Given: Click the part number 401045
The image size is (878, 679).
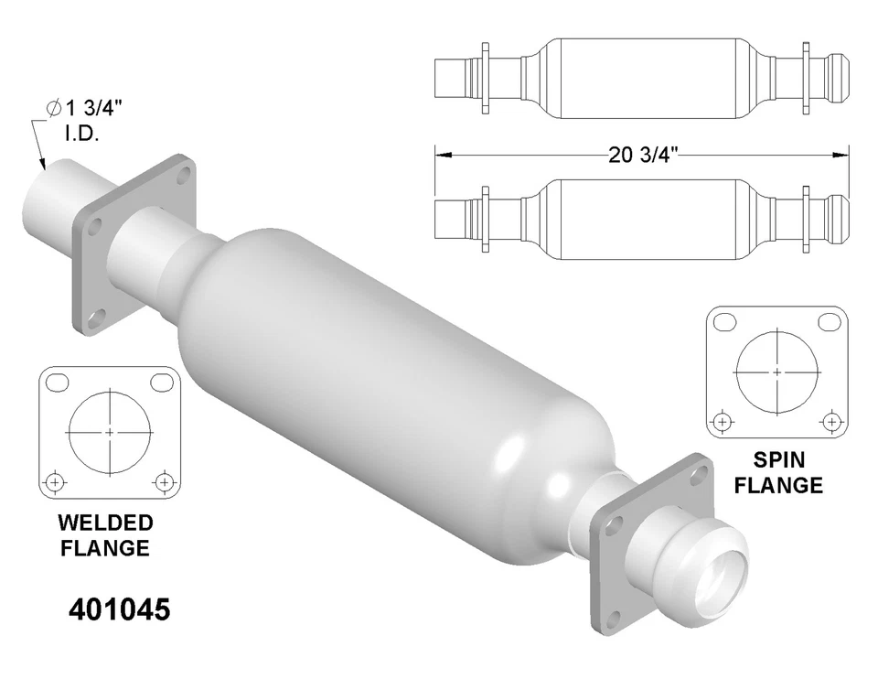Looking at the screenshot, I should [120, 609].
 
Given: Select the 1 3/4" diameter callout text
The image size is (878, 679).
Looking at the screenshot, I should [89, 108].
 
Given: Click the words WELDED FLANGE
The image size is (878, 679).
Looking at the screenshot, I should [105, 535].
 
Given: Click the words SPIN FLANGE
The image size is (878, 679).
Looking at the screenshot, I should [777, 471].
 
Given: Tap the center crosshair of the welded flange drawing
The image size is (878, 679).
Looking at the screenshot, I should [110, 431].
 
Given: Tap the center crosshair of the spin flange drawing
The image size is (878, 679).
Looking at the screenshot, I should [776, 372].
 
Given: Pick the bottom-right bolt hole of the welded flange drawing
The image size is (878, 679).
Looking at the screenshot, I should [164, 480].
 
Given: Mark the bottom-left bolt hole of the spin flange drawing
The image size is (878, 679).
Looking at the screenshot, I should [723, 422].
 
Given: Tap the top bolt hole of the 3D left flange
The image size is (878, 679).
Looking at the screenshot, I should [183, 173].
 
